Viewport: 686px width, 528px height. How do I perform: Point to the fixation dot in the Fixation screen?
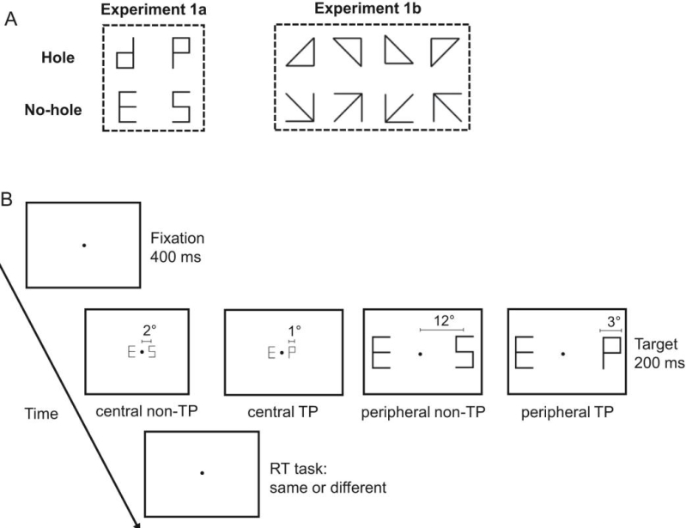[x=83, y=246]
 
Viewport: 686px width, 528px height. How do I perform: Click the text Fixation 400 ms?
[x=175, y=244]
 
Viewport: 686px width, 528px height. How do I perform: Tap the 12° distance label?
[x=441, y=319]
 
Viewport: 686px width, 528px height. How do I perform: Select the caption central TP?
[x=282, y=410]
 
